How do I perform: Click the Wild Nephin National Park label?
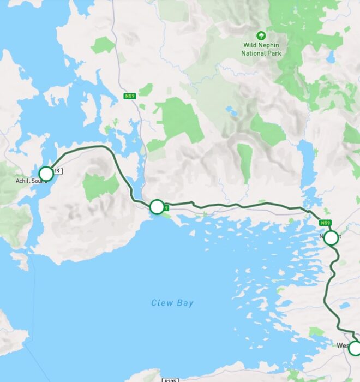(x=261, y=50)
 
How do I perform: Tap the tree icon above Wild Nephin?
(x=261, y=35)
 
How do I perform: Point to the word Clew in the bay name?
(x=162, y=303)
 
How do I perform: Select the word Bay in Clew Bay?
(x=185, y=303)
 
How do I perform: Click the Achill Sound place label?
(x=31, y=181)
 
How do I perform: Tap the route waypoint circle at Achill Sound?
(x=46, y=174)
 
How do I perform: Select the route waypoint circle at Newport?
(x=331, y=238)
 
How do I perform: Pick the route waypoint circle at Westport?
(x=355, y=348)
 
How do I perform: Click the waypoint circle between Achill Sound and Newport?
(x=157, y=207)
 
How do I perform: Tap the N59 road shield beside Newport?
(x=326, y=223)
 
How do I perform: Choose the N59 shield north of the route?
(x=129, y=96)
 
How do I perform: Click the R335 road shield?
(x=170, y=379)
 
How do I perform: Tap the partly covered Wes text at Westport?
(x=343, y=345)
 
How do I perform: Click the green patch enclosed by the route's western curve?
(x=101, y=186)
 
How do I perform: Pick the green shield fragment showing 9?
(x=166, y=207)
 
